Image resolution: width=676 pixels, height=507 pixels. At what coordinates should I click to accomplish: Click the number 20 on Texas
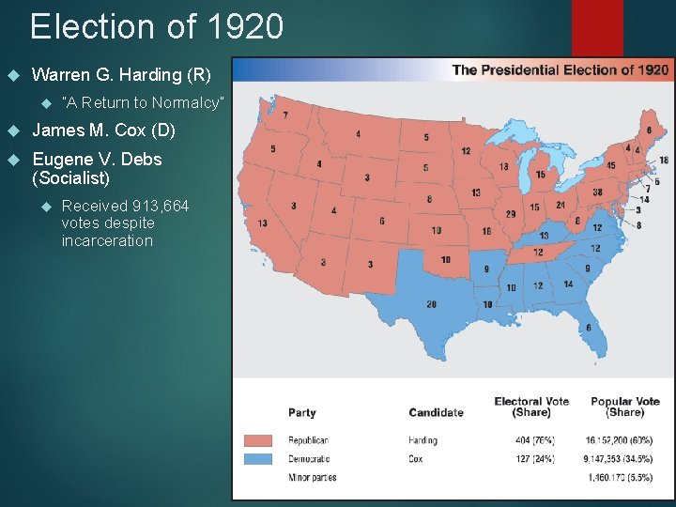tap(431, 303)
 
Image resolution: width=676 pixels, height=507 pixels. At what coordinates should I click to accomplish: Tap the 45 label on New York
tap(610, 165)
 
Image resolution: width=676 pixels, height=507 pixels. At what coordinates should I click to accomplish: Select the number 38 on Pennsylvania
tap(597, 192)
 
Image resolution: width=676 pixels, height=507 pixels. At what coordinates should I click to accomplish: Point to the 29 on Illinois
tap(510, 214)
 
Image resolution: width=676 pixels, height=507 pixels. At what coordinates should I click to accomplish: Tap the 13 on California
tap(262, 223)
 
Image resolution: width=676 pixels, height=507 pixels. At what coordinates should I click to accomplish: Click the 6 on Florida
tap(589, 327)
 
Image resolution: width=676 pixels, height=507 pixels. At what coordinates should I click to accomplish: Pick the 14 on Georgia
tap(568, 284)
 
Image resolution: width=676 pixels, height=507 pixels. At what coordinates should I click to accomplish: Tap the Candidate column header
tap(436, 412)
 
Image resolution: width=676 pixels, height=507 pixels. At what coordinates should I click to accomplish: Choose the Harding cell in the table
tap(422, 440)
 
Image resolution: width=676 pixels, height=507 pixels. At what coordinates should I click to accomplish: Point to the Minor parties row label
tap(312, 478)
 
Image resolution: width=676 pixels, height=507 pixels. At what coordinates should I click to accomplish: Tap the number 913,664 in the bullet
tap(157, 207)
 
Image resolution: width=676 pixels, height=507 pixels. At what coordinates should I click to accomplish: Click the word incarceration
tap(106, 240)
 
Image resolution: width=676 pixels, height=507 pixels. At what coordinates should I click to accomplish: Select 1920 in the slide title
tap(239, 26)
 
